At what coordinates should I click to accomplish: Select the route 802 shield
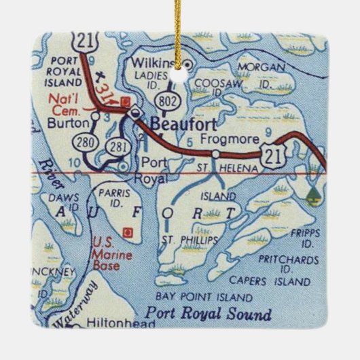point(166,100)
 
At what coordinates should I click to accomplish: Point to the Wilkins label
point(162,63)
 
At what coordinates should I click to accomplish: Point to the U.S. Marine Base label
point(106,253)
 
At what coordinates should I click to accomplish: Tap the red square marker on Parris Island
point(125,232)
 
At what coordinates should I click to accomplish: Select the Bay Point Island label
point(195,297)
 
